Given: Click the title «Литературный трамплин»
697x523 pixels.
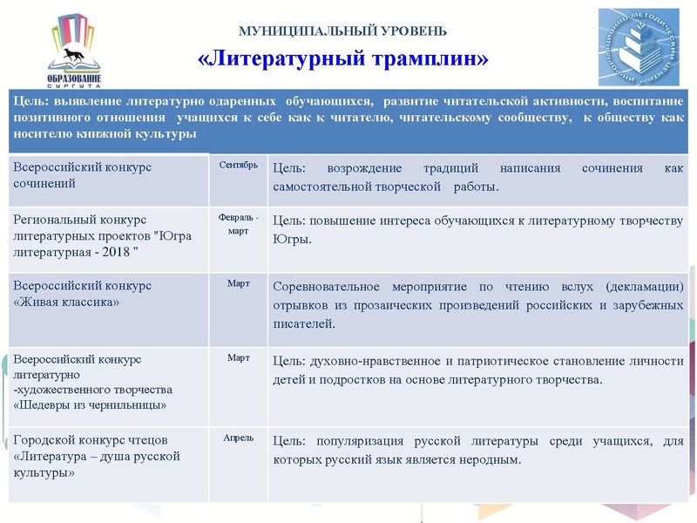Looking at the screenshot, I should [342, 59].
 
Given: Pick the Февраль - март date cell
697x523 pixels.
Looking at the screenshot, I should [238, 224].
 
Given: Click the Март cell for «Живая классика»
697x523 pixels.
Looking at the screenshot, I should [238, 284].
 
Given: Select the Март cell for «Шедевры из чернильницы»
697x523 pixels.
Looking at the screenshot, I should [238, 357].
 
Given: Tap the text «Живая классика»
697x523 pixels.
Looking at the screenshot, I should [67, 302].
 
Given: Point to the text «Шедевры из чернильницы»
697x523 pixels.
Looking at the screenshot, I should [78, 404].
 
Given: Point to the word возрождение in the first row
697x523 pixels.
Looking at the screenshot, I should [359, 167].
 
